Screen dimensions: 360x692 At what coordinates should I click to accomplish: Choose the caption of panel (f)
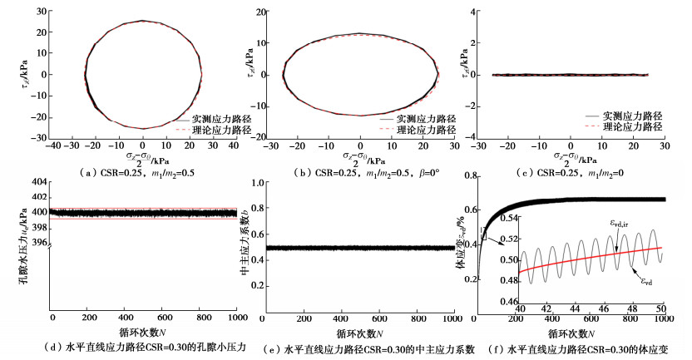point(579,348)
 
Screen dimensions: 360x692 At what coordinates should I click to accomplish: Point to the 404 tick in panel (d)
point(37,182)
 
